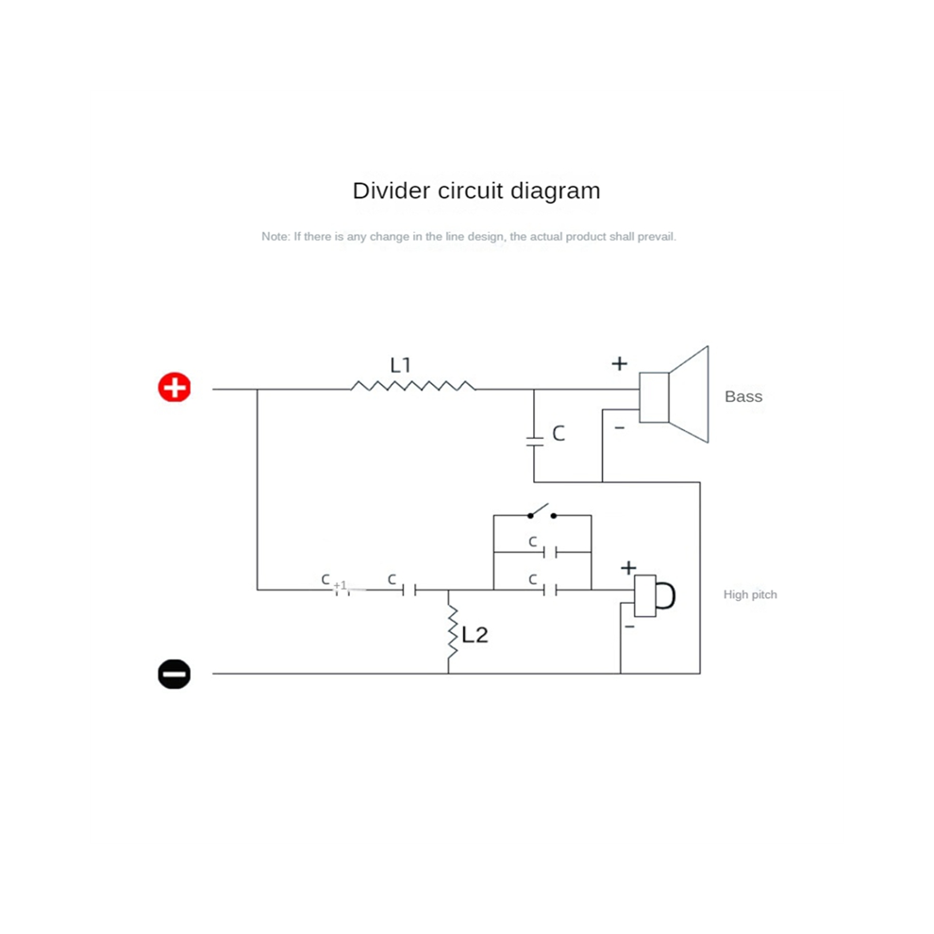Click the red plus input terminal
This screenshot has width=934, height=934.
[x=174, y=388]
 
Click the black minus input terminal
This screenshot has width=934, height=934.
[x=174, y=674]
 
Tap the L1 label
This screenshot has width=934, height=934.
[x=400, y=364]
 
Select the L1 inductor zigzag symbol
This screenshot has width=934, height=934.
[x=413, y=386]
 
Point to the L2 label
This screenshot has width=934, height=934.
[x=475, y=635]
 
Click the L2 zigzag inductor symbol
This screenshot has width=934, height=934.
[x=452, y=631]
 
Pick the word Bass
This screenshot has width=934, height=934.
[x=743, y=396]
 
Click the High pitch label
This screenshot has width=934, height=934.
[x=750, y=594]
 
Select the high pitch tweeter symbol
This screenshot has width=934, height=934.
[x=654, y=595]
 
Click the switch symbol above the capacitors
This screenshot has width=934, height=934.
[x=542, y=511]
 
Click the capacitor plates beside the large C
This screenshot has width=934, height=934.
[x=534, y=441]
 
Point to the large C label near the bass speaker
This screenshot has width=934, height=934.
[x=559, y=433]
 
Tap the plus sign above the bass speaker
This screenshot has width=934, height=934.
[x=620, y=363]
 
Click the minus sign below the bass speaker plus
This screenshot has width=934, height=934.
[x=620, y=427]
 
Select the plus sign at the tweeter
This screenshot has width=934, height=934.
[x=628, y=568]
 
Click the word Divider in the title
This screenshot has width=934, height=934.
[x=391, y=191]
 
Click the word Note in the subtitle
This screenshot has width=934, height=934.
[x=275, y=237]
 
